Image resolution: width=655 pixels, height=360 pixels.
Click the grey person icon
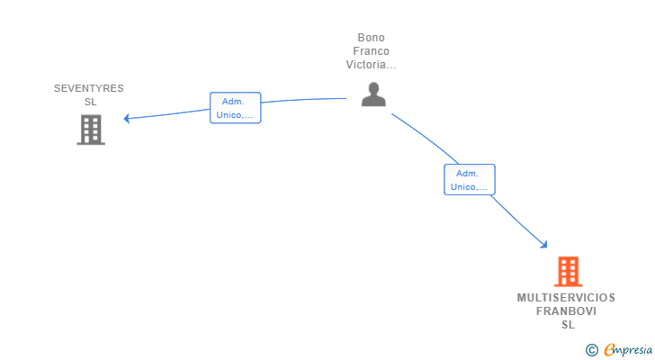pyautogui.click(x=372, y=94)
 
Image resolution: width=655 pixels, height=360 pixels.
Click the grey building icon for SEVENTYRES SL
pyautogui.click(x=90, y=130)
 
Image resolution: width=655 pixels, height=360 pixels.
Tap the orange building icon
pyautogui.click(x=568, y=271)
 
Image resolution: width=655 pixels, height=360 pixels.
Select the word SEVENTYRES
pyautogui.click(x=89, y=88)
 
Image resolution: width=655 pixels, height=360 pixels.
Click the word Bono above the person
pyautogui.click(x=371, y=38)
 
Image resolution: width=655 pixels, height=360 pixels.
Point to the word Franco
pyautogui.click(x=371, y=51)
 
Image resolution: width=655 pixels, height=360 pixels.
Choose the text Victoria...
pyautogui.click(x=369, y=65)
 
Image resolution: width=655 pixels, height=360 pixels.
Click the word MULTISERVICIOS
pyautogui.click(x=567, y=298)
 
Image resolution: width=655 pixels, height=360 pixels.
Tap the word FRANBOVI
pyautogui.click(x=567, y=311)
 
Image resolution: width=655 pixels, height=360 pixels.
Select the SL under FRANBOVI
pyautogui.click(x=568, y=325)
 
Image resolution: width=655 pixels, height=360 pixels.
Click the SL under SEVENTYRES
pyautogui.click(x=90, y=102)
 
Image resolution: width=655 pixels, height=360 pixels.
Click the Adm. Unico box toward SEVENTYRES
pyautogui.click(x=235, y=108)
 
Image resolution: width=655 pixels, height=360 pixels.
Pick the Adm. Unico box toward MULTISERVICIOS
pyautogui.click(x=470, y=180)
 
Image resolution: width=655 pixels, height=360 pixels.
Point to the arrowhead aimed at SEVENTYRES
pyautogui.click(x=127, y=118)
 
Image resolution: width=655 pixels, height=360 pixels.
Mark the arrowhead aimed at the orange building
pyautogui.click(x=543, y=244)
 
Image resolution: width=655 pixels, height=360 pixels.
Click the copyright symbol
pyautogui.click(x=591, y=350)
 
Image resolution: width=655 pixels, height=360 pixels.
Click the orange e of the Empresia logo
pyautogui.click(x=609, y=350)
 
